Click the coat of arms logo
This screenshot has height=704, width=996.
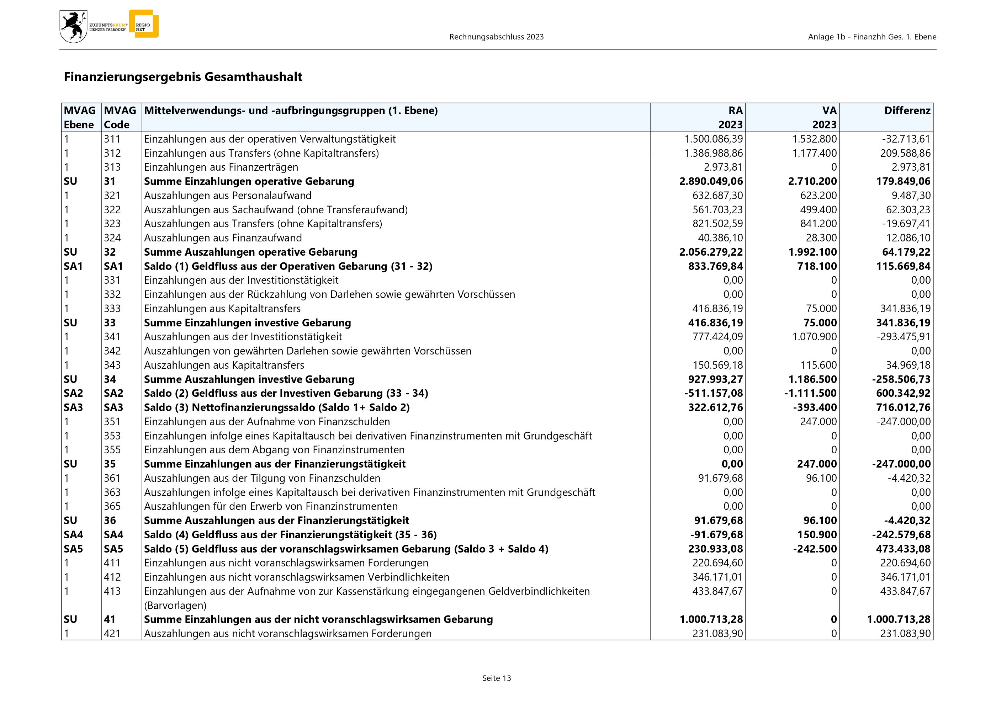coord(73,26)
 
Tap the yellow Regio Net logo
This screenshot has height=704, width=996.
coord(144,24)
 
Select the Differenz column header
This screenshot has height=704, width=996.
coord(907,111)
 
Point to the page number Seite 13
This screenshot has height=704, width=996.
coord(496,678)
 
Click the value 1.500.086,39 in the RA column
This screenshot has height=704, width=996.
coord(713,139)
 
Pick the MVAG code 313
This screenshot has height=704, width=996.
coord(112,167)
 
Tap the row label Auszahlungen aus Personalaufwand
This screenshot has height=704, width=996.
coord(228,196)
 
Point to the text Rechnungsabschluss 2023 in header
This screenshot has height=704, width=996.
coord(496,37)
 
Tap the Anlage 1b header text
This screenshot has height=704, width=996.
coord(872,37)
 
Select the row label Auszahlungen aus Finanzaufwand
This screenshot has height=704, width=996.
coord(223,238)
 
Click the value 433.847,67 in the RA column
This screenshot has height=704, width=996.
coord(717,591)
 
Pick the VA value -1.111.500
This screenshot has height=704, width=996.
coord(810,393)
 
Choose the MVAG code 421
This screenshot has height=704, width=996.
coord(112,634)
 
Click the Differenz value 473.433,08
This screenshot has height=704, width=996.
coord(903,549)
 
